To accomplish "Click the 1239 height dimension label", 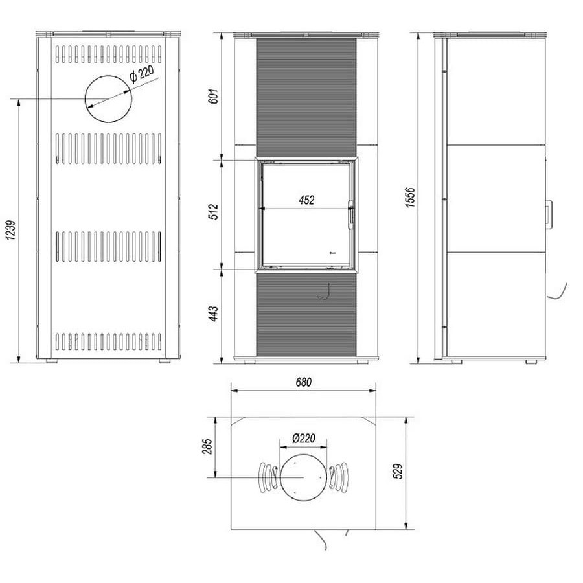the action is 12,231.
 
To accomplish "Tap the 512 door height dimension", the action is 215,212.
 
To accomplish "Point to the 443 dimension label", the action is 214,314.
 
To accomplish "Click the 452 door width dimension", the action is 306,200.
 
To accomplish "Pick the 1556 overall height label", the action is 410,197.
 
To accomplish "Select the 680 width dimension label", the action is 304,382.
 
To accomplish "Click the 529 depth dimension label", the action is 398,472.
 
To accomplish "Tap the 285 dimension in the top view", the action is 207,446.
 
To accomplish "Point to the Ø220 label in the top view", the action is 303,439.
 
